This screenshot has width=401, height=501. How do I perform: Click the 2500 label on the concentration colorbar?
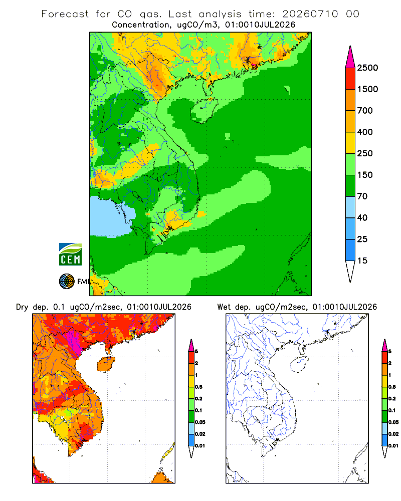[x=367, y=68]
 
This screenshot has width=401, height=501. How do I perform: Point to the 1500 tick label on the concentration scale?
[x=367, y=89]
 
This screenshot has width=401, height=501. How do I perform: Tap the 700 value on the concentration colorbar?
[x=365, y=111]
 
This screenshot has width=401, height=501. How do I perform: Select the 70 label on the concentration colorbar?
[x=362, y=196]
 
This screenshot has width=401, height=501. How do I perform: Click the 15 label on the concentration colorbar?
[x=362, y=261]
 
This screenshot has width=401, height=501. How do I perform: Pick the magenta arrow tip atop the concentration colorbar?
[x=350, y=57]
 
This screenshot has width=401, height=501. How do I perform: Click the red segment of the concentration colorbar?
[x=350, y=79]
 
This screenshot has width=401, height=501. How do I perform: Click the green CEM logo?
[x=70, y=255]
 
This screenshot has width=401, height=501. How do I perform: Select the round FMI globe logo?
[x=67, y=282]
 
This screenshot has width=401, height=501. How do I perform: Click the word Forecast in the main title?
[x=65, y=14]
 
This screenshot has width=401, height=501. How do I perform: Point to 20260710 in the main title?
[x=310, y=14]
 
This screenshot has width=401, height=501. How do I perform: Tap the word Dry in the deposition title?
[x=22, y=307]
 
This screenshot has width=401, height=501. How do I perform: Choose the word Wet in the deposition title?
[x=224, y=307]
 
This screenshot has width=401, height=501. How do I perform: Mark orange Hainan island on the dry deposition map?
[x=106, y=364]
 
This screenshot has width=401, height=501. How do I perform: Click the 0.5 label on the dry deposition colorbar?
[x=198, y=387]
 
